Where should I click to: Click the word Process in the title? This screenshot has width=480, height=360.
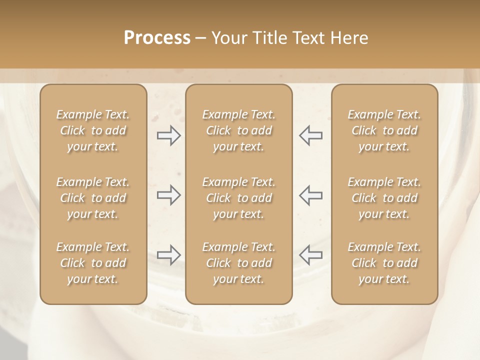point(157,38)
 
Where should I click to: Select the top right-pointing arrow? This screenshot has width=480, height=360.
point(169,135)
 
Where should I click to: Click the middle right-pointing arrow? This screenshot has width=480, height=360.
point(169,195)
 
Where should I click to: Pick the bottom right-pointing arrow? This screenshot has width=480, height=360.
point(169,255)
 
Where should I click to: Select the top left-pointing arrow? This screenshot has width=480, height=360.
point(311,135)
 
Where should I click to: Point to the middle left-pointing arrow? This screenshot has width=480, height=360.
point(311,195)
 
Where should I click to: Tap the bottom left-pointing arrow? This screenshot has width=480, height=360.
point(311,255)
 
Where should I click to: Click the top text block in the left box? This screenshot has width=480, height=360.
point(93,130)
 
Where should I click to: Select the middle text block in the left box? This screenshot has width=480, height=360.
point(93,198)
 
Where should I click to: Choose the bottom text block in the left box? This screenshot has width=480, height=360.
point(93,263)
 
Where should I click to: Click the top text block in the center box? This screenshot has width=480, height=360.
point(239,130)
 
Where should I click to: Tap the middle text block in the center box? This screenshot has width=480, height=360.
point(239,198)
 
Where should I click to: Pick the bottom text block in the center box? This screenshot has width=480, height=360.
point(239,263)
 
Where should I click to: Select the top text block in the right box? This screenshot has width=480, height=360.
point(384,130)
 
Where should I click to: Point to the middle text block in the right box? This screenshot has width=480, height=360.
point(384,198)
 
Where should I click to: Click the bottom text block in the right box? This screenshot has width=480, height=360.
point(384,263)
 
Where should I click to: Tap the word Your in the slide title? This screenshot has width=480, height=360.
point(228,38)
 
